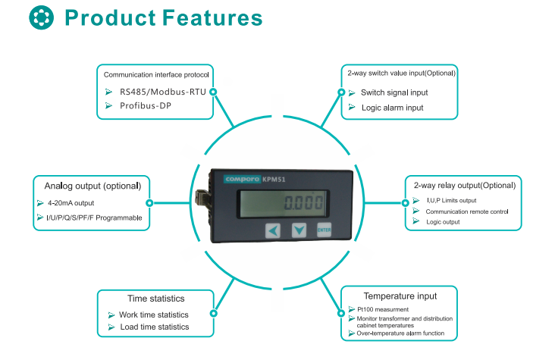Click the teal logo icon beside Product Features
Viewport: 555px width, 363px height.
point(42,17)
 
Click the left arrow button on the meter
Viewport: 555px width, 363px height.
point(273,230)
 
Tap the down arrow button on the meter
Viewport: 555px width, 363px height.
point(299,230)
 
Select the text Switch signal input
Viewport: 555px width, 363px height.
point(394,92)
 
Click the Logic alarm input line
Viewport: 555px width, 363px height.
point(392,108)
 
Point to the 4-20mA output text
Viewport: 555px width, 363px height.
point(71,203)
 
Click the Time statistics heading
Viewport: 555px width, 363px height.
point(155,298)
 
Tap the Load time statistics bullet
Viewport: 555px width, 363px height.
point(154,327)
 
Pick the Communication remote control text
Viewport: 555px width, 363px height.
point(467,211)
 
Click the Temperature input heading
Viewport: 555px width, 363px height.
point(400,296)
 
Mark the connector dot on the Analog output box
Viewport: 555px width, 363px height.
point(149,203)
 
